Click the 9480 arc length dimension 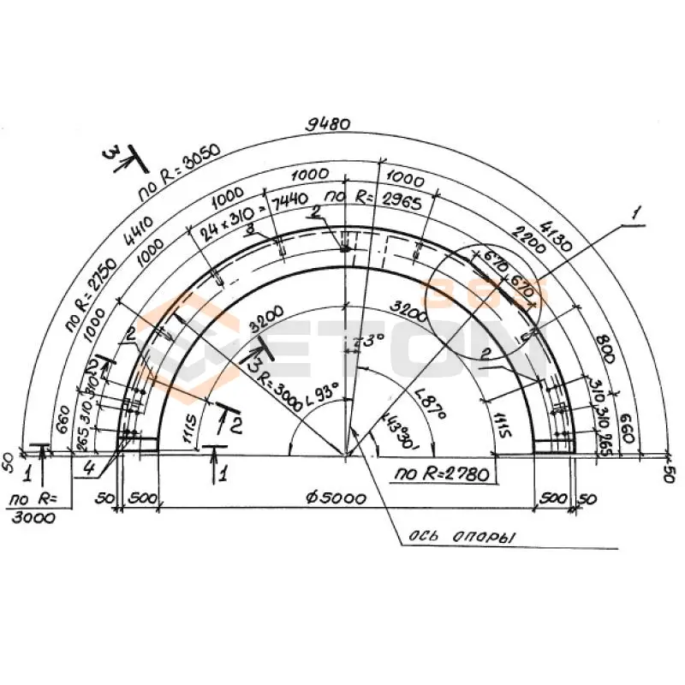(x=328, y=123)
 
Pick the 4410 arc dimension (x=138, y=231)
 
